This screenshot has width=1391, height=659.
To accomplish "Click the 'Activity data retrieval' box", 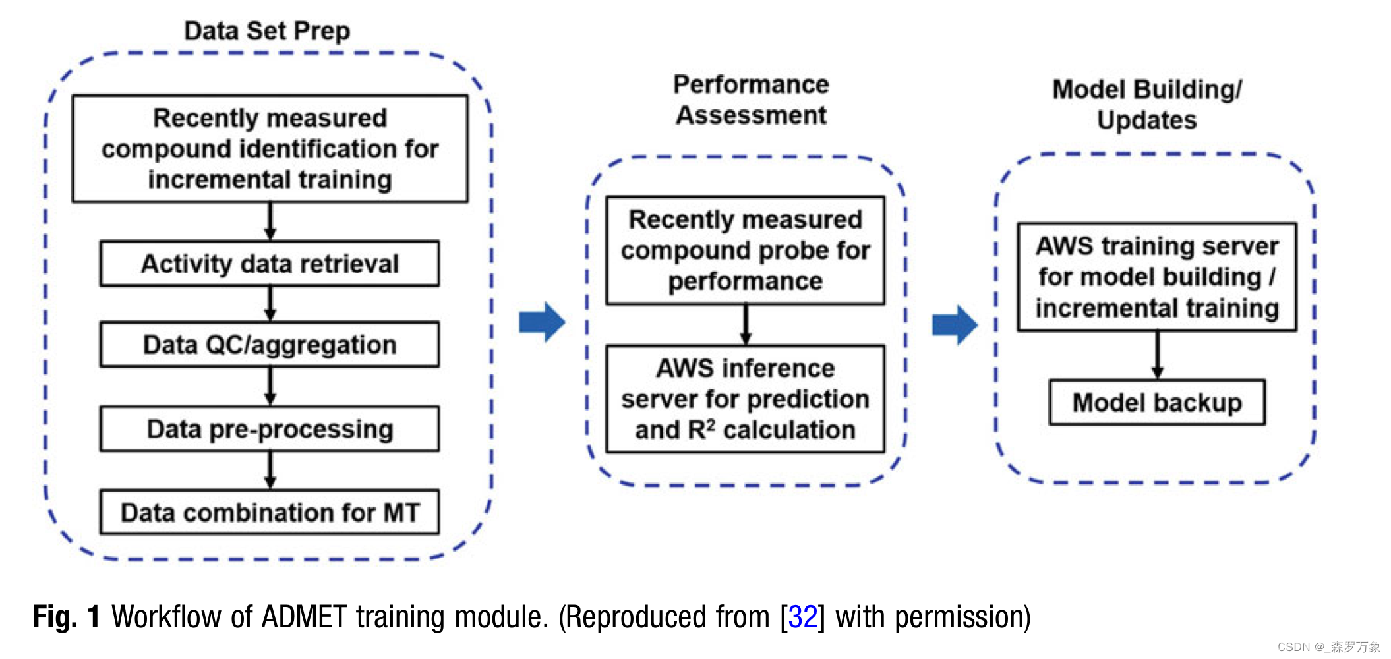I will tap(270, 264).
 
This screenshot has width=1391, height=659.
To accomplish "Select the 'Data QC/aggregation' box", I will tap(270, 345).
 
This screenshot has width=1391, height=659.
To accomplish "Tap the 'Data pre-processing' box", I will tap(270, 429).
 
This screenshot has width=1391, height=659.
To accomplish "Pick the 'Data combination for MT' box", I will tap(270, 512).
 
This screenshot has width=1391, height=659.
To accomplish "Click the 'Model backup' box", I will tap(1157, 402).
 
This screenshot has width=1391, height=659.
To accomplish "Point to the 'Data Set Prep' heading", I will tap(267, 30).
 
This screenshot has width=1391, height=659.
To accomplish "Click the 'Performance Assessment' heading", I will tap(751, 100).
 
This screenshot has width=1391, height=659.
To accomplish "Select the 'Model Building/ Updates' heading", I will tap(1147, 104).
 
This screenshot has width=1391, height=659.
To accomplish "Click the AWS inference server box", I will tap(746, 399).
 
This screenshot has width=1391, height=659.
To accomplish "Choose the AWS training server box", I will tap(1157, 277).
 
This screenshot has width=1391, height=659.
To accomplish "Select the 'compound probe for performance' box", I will tap(746, 250).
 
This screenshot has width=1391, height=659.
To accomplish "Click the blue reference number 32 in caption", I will tap(802, 617).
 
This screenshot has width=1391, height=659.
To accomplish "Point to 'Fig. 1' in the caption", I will tap(66, 617).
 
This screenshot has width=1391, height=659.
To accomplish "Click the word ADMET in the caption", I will tap(304, 617).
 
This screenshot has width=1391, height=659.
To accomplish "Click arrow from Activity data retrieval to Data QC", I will tap(270, 304).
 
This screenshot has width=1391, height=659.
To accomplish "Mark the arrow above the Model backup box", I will tap(1157, 355).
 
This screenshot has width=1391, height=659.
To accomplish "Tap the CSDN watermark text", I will tap(1328, 647).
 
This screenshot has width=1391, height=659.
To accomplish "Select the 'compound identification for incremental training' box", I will tap(270, 149).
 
